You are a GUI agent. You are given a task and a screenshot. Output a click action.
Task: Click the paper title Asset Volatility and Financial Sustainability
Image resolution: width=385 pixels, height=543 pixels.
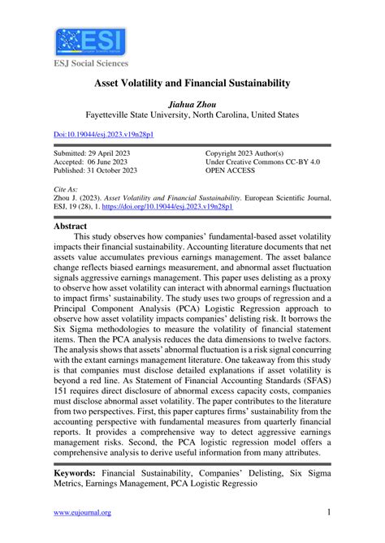192,84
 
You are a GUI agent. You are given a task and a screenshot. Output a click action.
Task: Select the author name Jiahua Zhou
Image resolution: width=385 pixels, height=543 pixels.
192,104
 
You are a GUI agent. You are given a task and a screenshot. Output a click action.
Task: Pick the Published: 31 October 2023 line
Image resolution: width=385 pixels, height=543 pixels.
96,170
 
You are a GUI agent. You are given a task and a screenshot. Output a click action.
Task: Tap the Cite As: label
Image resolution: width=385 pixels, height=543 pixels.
67,187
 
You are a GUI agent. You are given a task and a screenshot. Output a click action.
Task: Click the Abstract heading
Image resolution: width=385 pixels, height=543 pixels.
74,228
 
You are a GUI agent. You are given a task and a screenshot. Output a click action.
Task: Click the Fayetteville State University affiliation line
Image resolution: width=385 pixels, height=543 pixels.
192,115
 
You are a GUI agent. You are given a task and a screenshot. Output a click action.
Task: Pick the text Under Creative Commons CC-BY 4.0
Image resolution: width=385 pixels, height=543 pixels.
274,162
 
